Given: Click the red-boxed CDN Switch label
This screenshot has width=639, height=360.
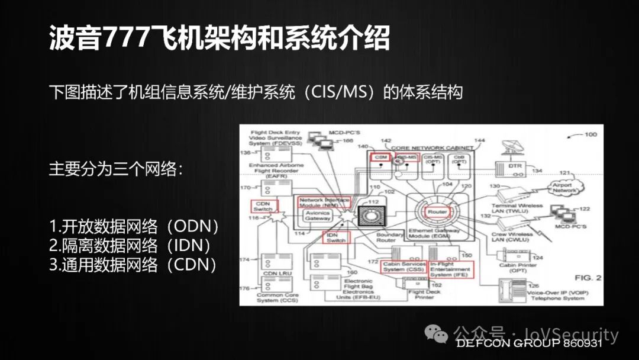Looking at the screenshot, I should tap(263, 205).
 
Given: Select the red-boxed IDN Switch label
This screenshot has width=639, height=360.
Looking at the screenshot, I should tap(337, 237).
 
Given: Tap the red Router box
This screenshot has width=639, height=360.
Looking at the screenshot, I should tap(437, 211).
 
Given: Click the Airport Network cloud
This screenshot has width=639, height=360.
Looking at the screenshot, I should tap(563, 187).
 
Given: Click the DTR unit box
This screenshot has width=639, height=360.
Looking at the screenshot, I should tap(515, 166).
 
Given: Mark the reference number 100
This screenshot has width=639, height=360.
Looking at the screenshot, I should tap(590, 134).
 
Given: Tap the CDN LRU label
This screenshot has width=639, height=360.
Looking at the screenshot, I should tap(270, 274).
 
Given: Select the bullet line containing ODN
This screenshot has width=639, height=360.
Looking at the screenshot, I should tap(134, 226).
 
